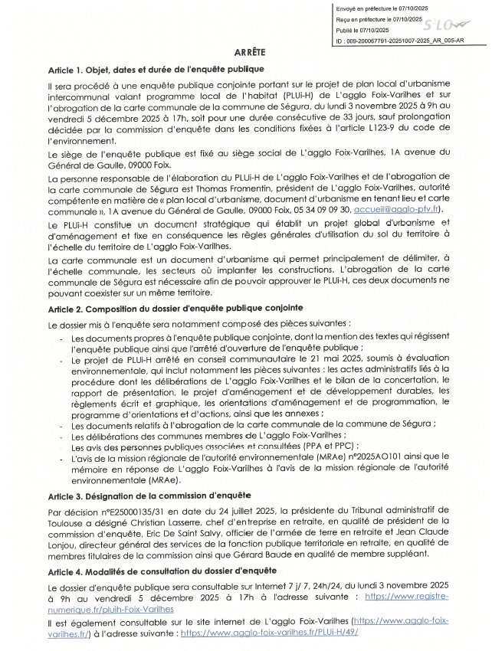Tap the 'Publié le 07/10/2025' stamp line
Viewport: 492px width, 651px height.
(365, 30)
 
